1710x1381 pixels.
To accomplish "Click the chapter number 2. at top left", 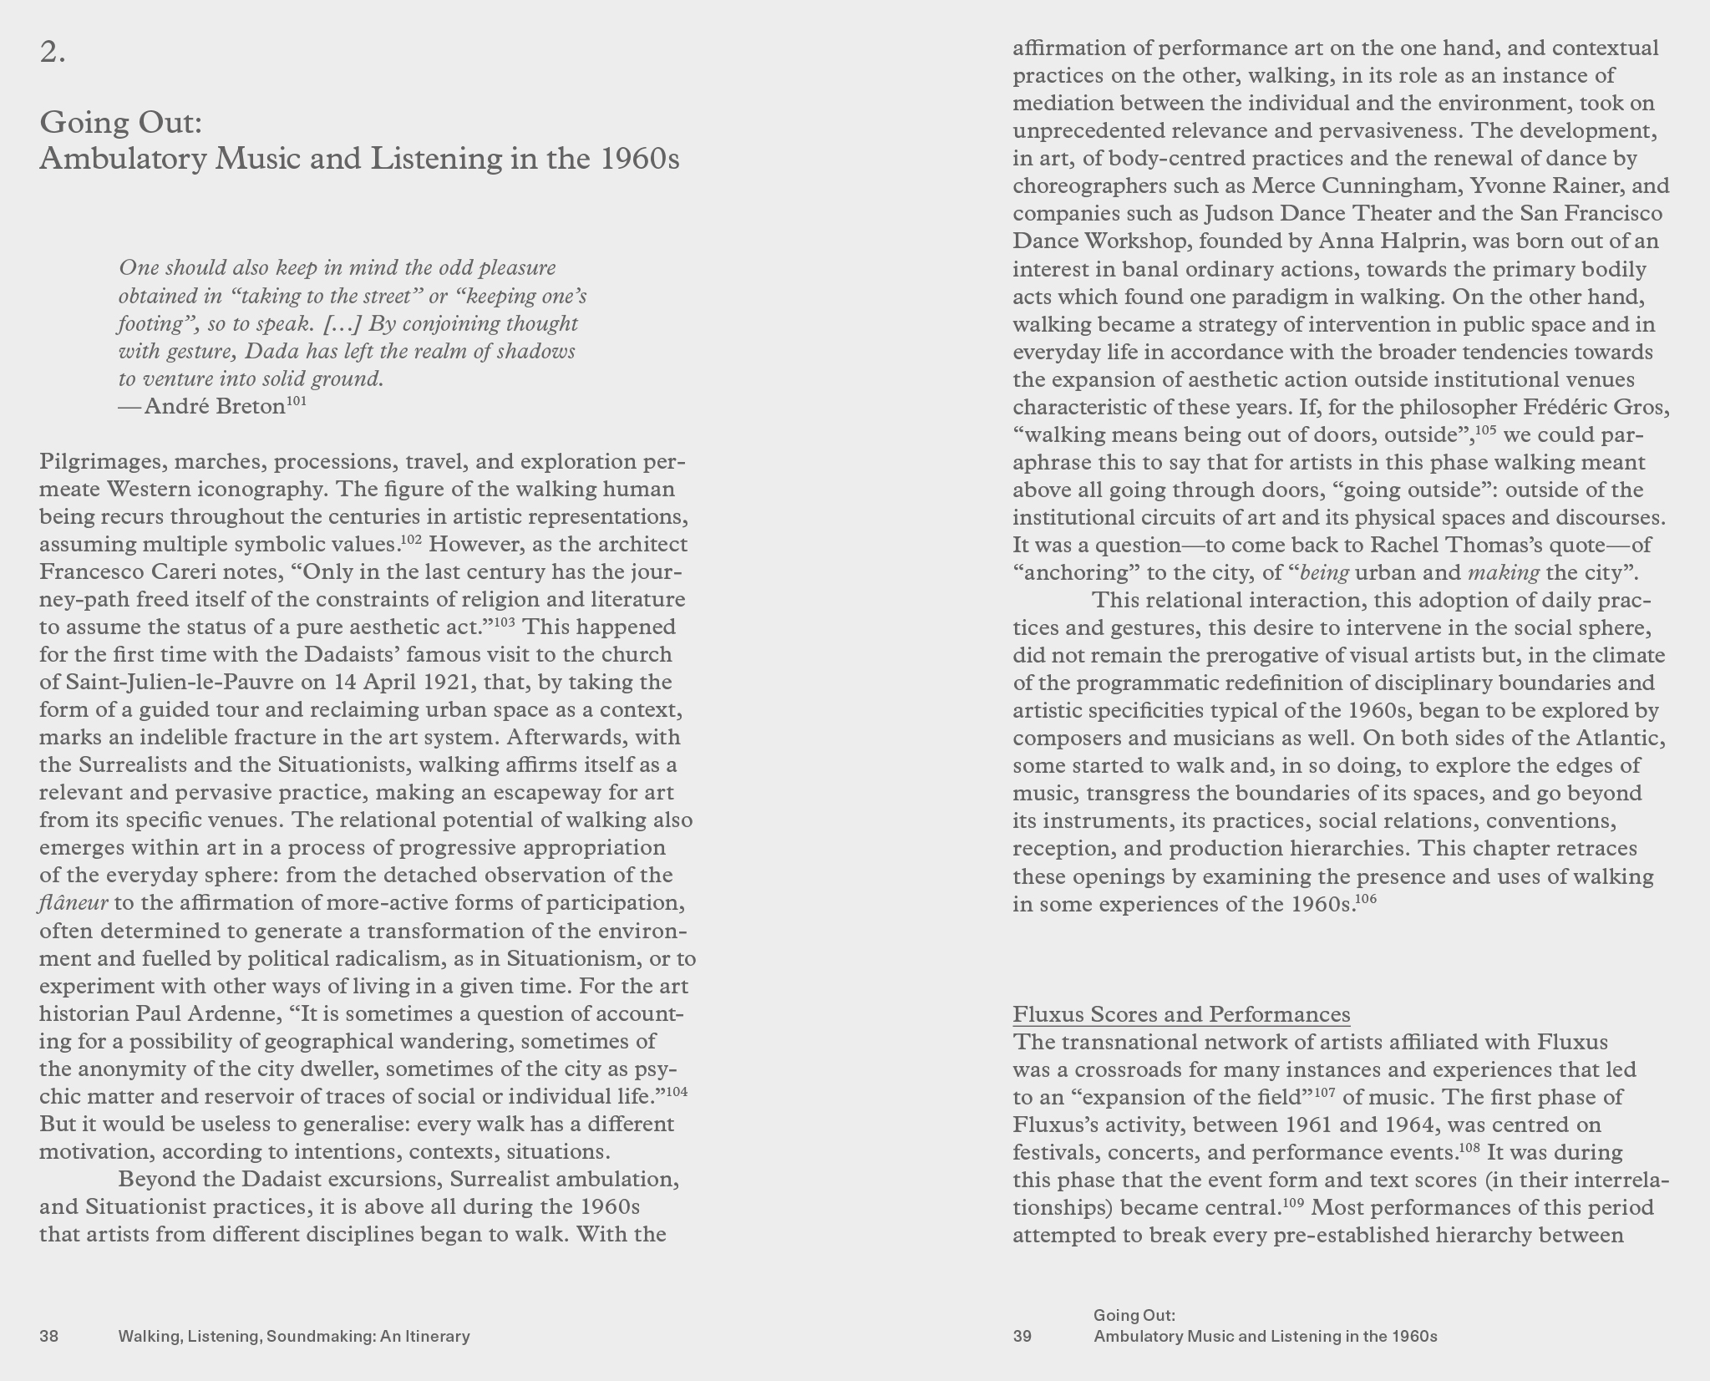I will (53, 53).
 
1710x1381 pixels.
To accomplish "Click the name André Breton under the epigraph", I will (215, 407).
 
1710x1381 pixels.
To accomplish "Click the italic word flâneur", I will (74, 903).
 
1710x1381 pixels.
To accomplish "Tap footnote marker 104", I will (676, 1091).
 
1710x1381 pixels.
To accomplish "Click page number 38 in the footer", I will (49, 1336).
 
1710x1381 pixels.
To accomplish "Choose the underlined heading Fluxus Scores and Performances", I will (1181, 1014).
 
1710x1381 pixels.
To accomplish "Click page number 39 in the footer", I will (1022, 1336).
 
